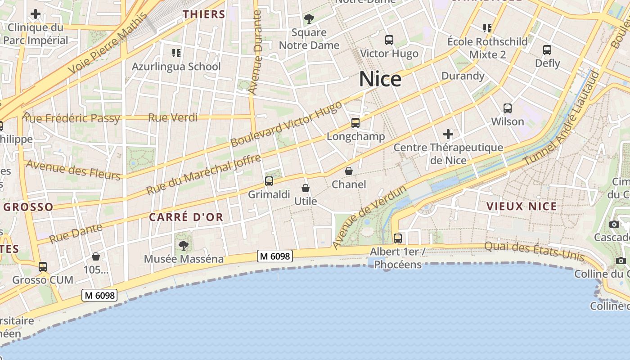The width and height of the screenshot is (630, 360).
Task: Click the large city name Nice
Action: (380, 79)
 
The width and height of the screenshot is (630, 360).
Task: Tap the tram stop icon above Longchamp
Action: (355, 122)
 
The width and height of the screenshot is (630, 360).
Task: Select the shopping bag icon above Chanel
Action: (349, 171)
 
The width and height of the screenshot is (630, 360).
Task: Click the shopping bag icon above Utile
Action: (306, 188)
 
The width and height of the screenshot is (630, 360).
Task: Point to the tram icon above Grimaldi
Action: (269, 181)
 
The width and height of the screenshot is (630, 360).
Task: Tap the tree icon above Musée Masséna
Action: (183, 245)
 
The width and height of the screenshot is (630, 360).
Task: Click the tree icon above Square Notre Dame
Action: (309, 19)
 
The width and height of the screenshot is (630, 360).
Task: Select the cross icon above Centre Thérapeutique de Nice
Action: (448, 134)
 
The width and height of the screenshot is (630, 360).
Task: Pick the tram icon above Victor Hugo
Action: (389, 40)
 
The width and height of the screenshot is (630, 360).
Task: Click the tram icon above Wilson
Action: (508, 108)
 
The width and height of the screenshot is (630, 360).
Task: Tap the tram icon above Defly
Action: (547, 49)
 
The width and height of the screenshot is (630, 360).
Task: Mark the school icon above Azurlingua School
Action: (176, 53)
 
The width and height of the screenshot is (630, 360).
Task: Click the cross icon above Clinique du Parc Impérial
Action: (36, 14)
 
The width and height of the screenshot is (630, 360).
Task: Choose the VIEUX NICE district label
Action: (522, 207)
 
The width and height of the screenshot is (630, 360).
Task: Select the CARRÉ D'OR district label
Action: (186, 217)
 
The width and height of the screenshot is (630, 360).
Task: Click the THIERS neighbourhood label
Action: (204, 14)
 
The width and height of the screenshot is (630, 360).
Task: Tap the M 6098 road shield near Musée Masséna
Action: (275, 256)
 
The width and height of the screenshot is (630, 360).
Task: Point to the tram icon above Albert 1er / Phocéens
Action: (397, 238)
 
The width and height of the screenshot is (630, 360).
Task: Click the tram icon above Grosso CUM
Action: (43, 266)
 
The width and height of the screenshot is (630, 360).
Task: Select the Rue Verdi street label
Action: (173, 117)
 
